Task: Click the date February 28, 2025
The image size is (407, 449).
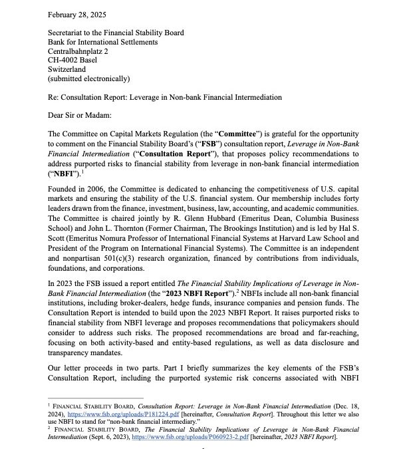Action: click(78, 14)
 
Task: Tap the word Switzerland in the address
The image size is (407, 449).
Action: click(68, 69)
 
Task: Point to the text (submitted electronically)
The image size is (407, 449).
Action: click(88, 78)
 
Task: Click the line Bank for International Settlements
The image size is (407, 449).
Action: click(102, 41)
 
